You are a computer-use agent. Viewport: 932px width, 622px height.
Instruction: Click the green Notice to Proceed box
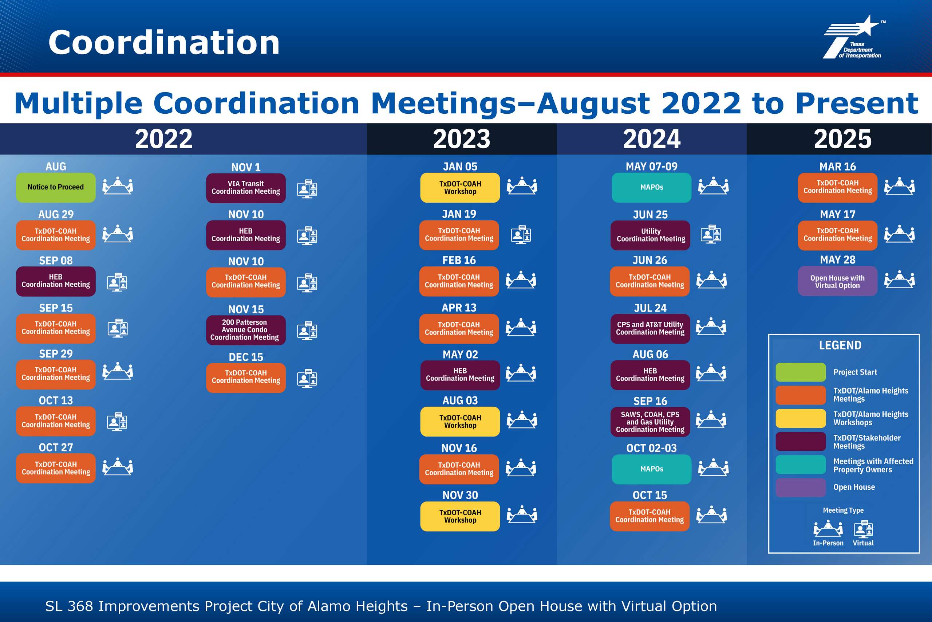[x=56, y=187]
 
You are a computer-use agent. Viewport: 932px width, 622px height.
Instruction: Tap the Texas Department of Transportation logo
[x=854, y=37]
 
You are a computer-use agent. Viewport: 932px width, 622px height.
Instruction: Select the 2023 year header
[x=462, y=139]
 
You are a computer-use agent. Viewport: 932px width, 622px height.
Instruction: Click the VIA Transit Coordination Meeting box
[x=246, y=188]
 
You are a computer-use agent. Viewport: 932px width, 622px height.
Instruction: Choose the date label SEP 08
[x=56, y=261]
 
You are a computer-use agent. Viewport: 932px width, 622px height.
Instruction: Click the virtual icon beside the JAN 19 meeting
[x=521, y=234]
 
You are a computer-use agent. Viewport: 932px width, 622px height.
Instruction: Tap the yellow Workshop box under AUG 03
[x=460, y=422]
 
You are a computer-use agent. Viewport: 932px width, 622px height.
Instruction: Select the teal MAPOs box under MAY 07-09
[x=651, y=188]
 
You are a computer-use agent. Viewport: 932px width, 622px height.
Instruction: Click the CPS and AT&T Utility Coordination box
[x=650, y=329]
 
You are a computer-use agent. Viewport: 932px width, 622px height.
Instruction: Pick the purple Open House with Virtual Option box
[x=838, y=281]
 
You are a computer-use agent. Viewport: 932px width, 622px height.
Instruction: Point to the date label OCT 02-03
[x=651, y=448]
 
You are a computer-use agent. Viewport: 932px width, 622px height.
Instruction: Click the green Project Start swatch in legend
[x=801, y=372]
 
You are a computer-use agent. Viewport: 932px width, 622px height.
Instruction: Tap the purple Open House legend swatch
[x=801, y=488]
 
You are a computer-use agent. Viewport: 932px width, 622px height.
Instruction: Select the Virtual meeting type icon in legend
[x=864, y=529]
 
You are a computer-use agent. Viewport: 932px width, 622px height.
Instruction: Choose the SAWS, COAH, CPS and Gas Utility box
[x=650, y=422]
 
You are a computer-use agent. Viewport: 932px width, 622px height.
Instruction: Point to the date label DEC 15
[x=246, y=357]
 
